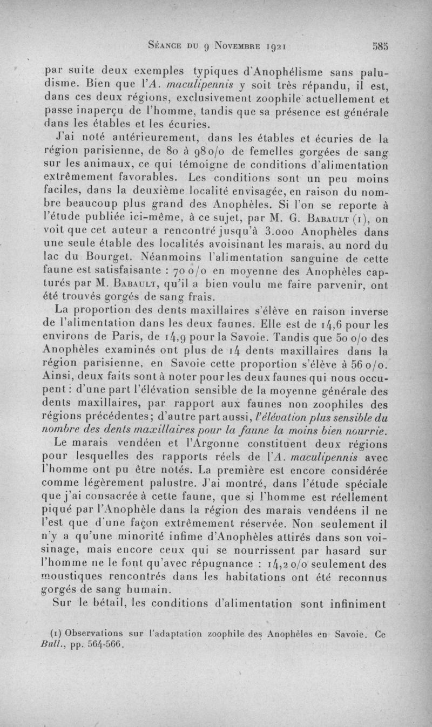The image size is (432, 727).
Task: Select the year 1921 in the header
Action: click(279, 46)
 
